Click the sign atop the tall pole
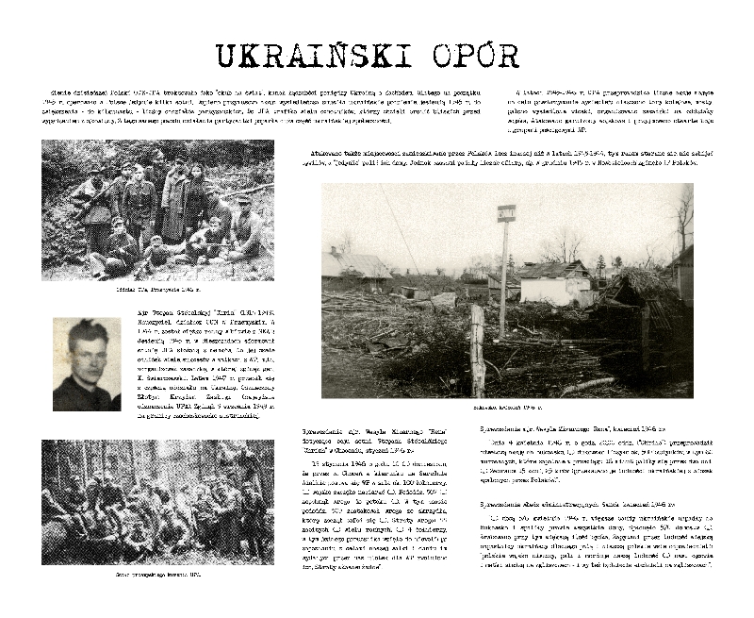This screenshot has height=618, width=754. pyautogui.click(x=506, y=213)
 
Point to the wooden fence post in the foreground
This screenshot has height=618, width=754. pyautogui.click(x=478, y=350)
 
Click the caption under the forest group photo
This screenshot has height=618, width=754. pyautogui.click(x=157, y=573)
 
